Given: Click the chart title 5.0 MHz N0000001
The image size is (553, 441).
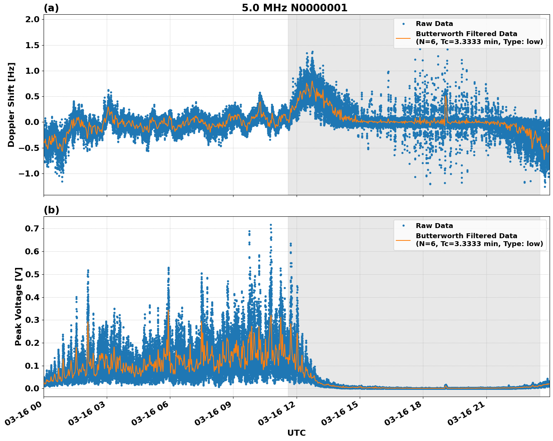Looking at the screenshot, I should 294,8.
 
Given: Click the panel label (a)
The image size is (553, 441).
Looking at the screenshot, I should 51,8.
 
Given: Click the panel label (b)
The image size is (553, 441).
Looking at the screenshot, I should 51,210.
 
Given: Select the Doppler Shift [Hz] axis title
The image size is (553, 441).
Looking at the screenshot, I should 11,105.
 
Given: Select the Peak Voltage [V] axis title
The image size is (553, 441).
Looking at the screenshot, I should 18,306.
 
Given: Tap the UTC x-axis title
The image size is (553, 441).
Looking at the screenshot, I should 296,433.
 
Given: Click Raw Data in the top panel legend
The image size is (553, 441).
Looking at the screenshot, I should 434,24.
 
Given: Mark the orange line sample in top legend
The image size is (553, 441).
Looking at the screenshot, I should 403,38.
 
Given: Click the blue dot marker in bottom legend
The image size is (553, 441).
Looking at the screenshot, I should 403,226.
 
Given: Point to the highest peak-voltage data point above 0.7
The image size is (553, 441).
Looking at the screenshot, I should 271,225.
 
